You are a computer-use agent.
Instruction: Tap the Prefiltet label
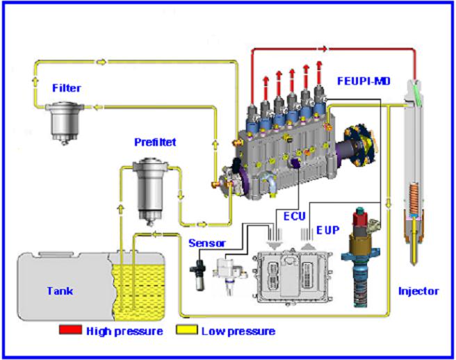(156, 142)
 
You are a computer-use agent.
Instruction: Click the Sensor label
(206, 244)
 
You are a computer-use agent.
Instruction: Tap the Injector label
(418, 291)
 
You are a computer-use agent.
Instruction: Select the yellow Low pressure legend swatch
(188, 330)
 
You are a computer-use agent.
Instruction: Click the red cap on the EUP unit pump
(360, 218)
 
